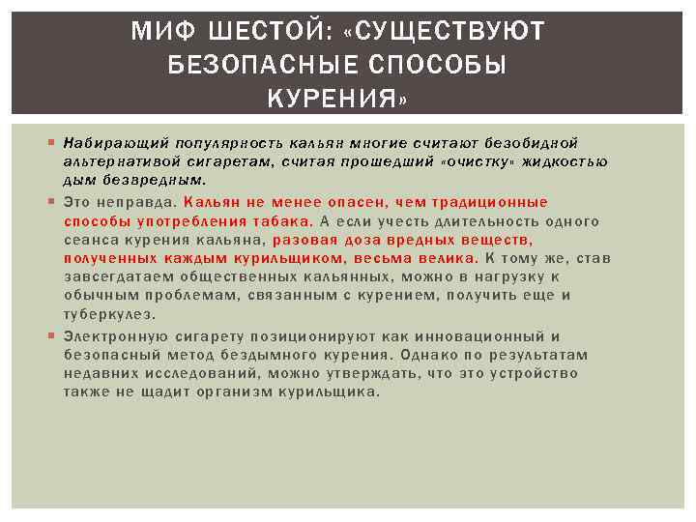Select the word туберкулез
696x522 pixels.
(x=109, y=314)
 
